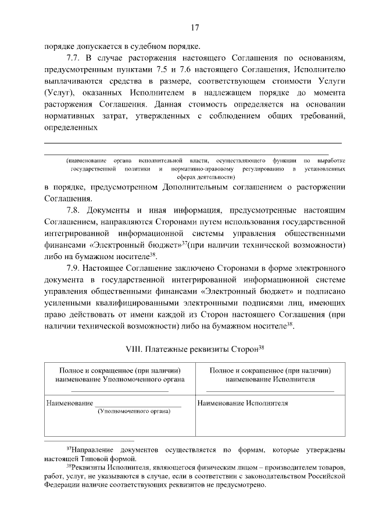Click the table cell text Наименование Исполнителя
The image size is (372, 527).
[243, 403]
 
